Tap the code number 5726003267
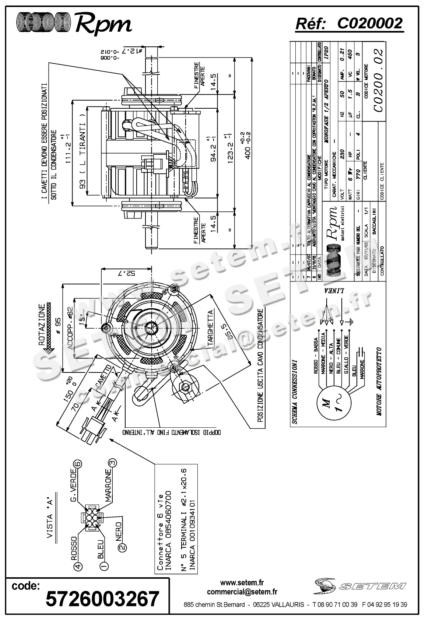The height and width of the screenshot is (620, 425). [x=102, y=598]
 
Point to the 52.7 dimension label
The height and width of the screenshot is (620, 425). [x=127, y=273]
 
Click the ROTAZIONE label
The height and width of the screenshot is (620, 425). [x=42, y=324]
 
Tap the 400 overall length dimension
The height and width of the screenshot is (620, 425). [x=248, y=147]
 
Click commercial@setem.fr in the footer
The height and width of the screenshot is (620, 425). [x=242, y=592]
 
